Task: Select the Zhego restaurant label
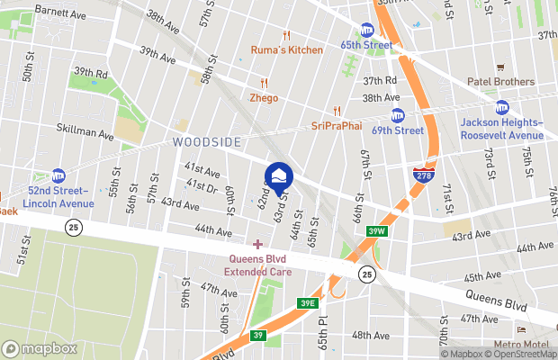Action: (264, 97)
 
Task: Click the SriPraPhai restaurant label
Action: (336, 125)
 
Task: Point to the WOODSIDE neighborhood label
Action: (207, 143)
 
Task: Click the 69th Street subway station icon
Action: (398, 115)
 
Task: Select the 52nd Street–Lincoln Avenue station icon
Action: (58, 175)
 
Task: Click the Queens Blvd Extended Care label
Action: (258, 265)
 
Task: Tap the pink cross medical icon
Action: (258, 244)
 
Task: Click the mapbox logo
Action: (39, 348)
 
